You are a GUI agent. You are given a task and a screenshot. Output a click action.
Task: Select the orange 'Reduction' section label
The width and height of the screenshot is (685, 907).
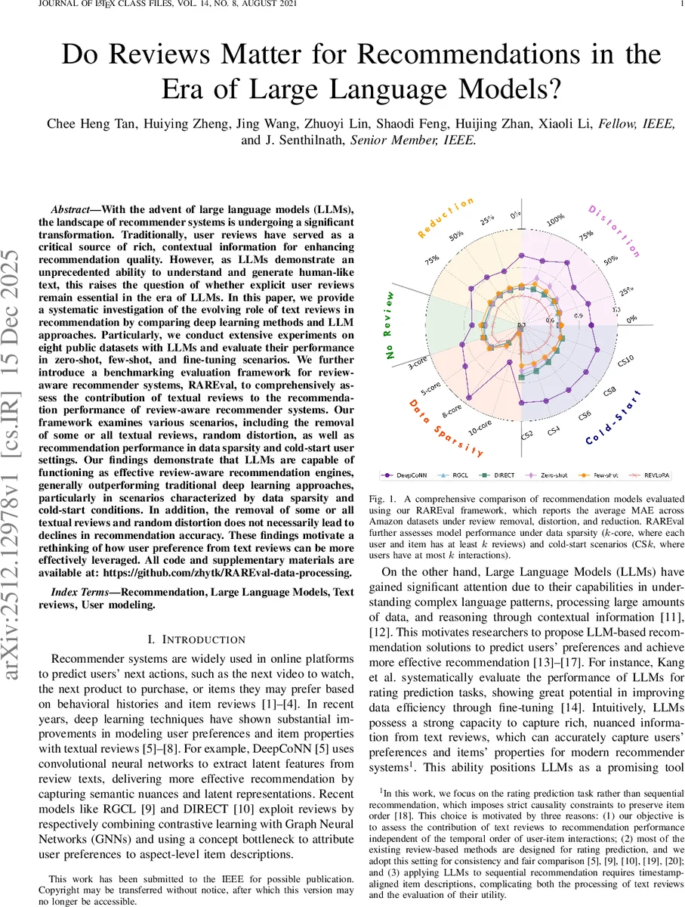445,218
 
